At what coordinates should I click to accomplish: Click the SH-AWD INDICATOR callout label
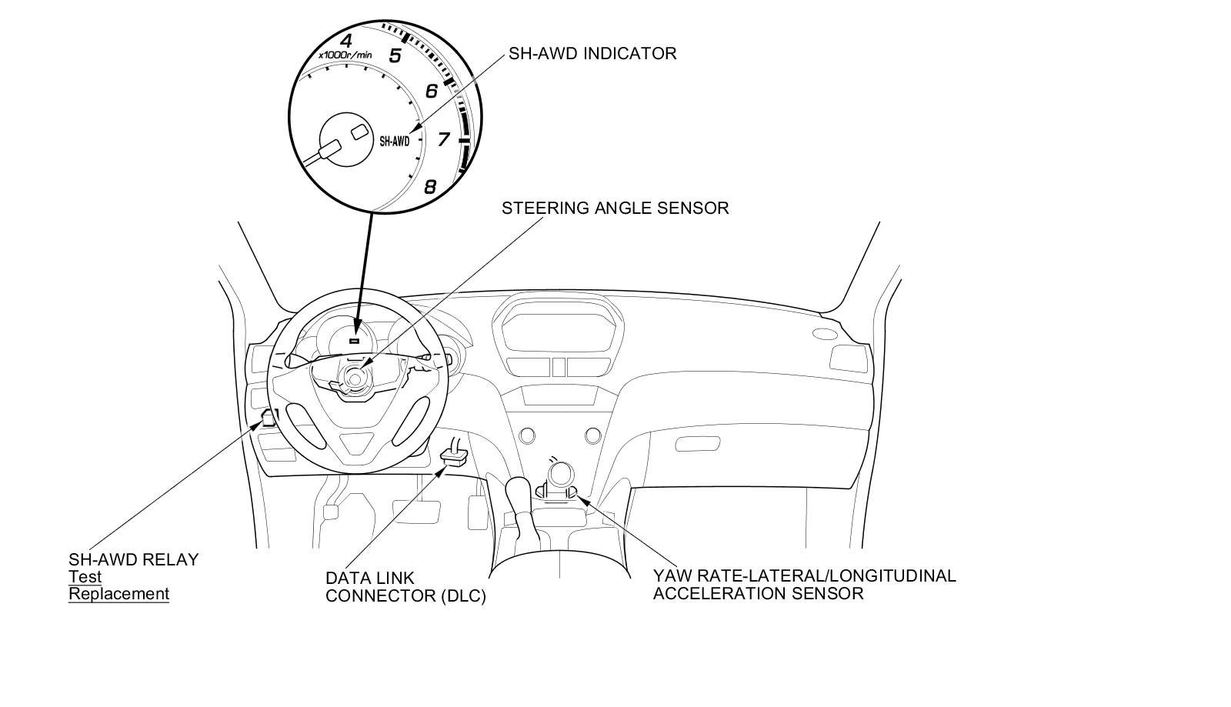[592, 54]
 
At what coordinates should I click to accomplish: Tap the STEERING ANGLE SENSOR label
[615, 208]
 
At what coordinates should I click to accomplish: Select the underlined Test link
[85, 577]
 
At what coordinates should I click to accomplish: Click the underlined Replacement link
[118, 594]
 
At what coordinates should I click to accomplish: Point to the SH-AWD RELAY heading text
[133, 559]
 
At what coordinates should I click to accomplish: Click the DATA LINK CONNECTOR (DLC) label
[405, 587]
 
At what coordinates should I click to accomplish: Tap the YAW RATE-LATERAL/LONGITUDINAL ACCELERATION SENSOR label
[804, 585]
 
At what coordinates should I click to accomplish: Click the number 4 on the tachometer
[346, 41]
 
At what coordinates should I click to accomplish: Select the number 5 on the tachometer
[395, 55]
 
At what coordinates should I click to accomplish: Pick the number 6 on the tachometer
[431, 92]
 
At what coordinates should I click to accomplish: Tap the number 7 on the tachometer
[443, 139]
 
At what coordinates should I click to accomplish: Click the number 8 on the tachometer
[430, 186]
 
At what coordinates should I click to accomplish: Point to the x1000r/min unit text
[345, 55]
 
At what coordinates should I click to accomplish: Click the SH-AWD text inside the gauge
[395, 142]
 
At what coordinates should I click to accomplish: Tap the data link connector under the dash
[454, 455]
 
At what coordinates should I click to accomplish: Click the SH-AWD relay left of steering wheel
[269, 419]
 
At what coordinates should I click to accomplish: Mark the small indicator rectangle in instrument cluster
[355, 340]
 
